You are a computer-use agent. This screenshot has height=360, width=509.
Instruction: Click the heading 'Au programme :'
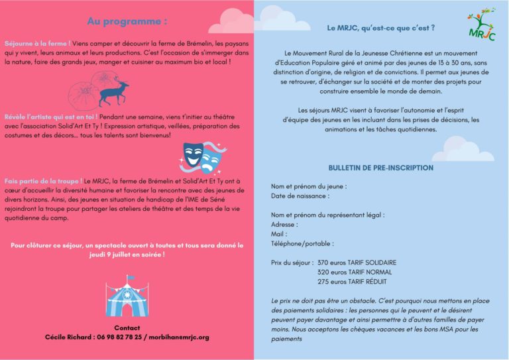[127, 21]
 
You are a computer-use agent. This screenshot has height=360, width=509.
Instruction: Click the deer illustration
[113, 91]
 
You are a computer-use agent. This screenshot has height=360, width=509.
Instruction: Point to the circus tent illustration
[127, 296]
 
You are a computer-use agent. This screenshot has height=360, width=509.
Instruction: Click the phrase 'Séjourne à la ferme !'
[37, 42]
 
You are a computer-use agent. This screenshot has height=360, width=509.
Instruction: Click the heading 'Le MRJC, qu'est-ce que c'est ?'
[381, 29]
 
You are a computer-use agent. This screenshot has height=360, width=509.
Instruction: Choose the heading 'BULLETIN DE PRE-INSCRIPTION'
[380, 168]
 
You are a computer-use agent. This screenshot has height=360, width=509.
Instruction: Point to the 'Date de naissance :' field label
[300, 196]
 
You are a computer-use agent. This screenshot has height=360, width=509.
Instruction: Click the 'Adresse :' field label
[284, 224]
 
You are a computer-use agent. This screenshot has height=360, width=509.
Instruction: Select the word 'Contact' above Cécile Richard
[127, 328]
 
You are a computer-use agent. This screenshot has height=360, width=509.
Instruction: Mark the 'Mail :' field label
[279, 234]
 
